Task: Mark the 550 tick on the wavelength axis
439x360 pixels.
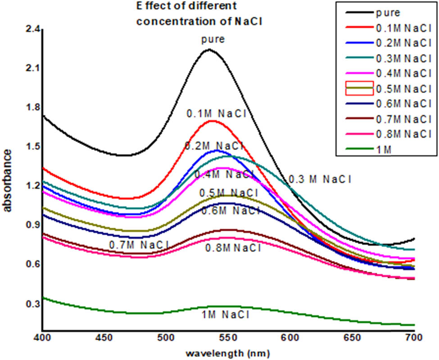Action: [248, 337]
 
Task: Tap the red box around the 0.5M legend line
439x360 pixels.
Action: [359, 89]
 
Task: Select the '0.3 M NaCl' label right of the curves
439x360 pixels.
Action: [319, 180]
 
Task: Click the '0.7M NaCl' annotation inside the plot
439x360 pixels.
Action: [139, 245]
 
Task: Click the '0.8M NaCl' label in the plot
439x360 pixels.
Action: [233, 247]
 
